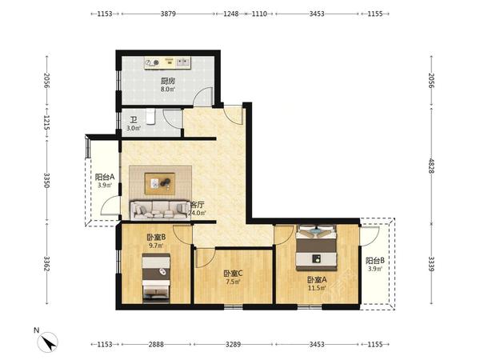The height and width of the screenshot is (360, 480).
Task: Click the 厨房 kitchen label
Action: [168, 81]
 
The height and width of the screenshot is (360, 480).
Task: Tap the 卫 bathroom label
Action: [134, 120]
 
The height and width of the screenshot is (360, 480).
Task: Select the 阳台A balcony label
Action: [105, 177]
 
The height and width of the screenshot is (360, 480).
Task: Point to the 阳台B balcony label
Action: [375, 261]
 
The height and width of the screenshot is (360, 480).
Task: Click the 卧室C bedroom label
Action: [233, 273]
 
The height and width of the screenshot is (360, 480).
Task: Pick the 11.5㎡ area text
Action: [317, 288]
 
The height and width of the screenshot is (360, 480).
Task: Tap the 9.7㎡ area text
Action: [156, 246]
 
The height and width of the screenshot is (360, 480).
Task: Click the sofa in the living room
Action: [159, 210]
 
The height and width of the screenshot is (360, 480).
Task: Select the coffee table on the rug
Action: [160, 184]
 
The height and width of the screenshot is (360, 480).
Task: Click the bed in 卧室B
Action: [156, 278]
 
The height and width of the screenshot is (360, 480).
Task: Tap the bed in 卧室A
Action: [316, 248]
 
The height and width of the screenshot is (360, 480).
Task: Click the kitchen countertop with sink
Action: [168, 62]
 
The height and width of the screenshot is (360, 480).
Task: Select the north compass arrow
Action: [48, 342]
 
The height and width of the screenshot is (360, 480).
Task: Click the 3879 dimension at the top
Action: [168, 14]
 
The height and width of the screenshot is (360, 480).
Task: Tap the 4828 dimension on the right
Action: [431, 166]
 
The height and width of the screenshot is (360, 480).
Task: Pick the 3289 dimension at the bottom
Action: [233, 344]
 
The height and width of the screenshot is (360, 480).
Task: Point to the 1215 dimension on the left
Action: [47, 122]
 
